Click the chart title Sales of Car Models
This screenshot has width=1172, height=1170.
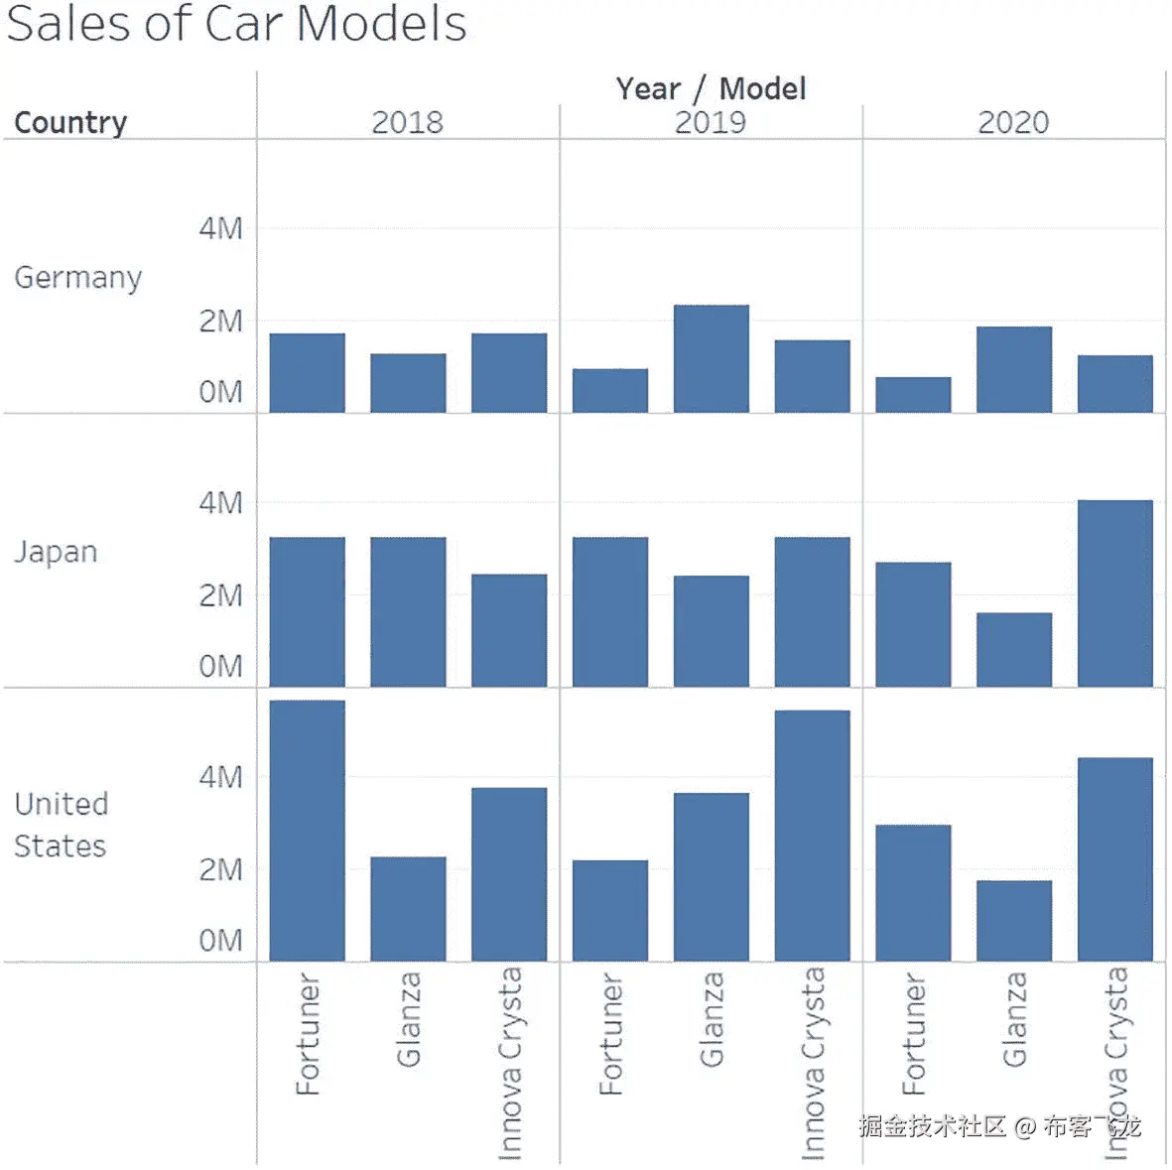click(x=236, y=24)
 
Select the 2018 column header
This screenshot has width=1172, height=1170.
click(x=407, y=122)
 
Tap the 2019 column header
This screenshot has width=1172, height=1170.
click(x=710, y=122)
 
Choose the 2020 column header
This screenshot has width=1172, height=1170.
click(x=1012, y=122)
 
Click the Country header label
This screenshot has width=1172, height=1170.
click(x=70, y=122)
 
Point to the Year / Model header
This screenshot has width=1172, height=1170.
click(x=710, y=88)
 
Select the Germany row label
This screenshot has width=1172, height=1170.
click(x=77, y=277)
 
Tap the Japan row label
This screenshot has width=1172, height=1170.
click(x=56, y=552)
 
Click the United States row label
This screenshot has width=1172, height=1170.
click(x=61, y=825)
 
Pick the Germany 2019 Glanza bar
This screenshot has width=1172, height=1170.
click(x=711, y=358)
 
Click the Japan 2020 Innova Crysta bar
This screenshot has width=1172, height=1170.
click(x=1114, y=592)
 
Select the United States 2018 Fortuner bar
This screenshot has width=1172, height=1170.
click(x=307, y=830)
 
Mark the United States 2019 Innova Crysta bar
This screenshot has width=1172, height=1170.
click(x=812, y=835)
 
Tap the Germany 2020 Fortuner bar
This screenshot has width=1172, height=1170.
click(x=912, y=394)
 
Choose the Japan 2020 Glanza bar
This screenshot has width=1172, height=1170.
click(x=1013, y=649)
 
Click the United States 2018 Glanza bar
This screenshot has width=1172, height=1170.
click(x=408, y=908)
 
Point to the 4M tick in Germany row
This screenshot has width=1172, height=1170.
click(x=220, y=228)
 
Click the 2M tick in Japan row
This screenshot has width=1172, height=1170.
click(x=220, y=595)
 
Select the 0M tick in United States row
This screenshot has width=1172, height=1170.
click(x=220, y=940)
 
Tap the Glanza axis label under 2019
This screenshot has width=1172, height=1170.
click(x=711, y=1019)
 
